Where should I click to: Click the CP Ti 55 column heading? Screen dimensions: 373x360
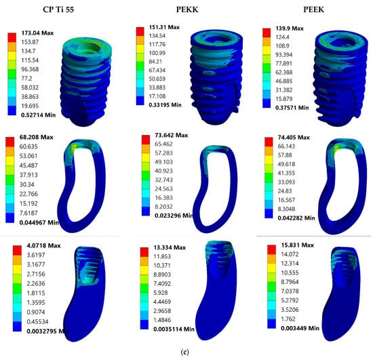pyautogui.click(x=58, y=9)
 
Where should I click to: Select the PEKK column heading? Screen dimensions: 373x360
pyautogui.click(x=187, y=9)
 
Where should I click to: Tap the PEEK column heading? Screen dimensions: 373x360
pyautogui.click(x=313, y=9)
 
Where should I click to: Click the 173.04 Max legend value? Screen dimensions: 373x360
pyautogui.click(x=37, y=33)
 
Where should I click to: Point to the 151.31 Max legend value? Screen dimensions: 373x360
pyautogui.click(x=164, y=27)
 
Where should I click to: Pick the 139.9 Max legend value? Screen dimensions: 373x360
pyautogui.click(x=290, y=28)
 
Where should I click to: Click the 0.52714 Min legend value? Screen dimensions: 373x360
pyautogui.click(x=38, y=115)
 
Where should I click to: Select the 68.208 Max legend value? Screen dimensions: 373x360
pyautogui.click(x=36, y=137)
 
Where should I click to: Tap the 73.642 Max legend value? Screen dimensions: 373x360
pyautogui.click(x=172, y=136)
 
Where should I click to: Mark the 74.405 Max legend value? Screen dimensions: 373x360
pyautogui.click(x=294, y=138)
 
